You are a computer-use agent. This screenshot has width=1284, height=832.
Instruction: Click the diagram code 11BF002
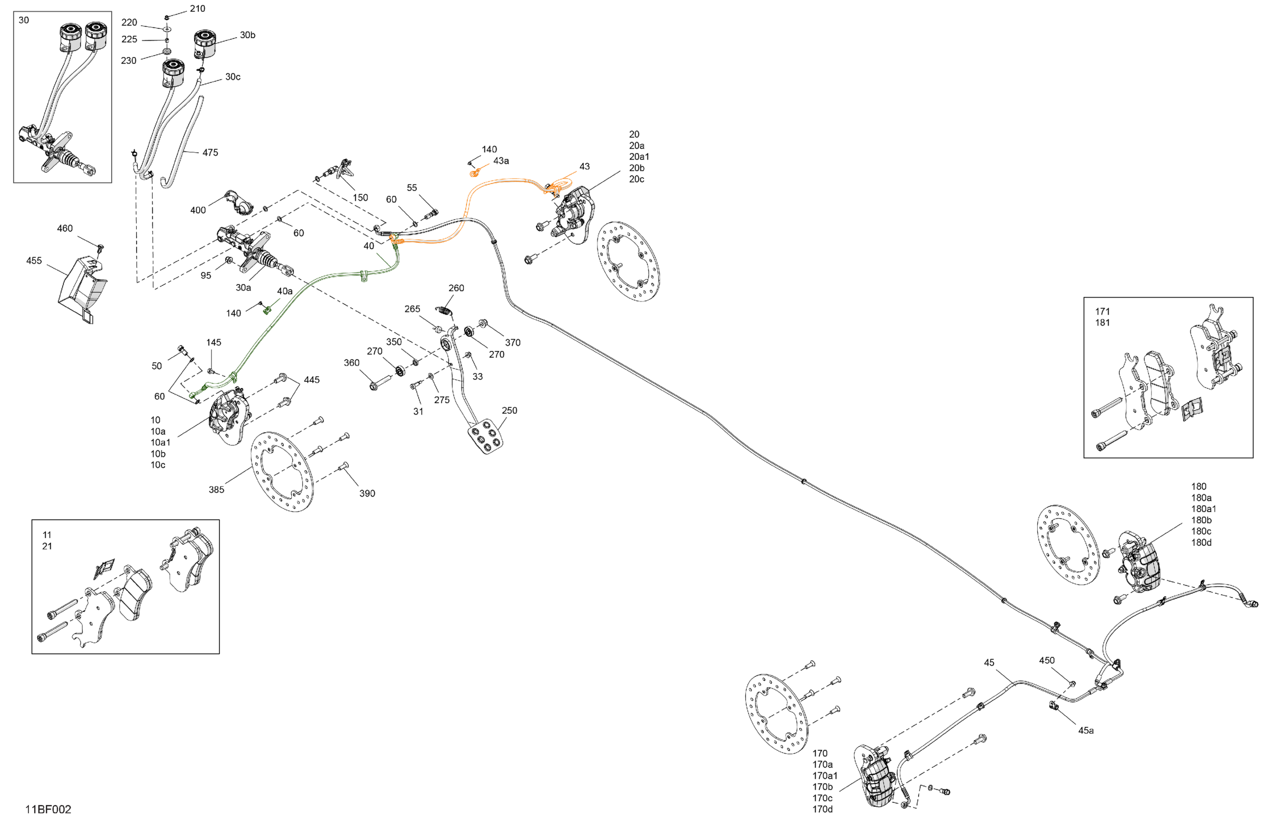[48, 809]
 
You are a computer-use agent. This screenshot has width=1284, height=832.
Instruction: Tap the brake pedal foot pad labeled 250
[486, 436]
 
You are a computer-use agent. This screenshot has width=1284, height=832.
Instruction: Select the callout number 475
[210, 153]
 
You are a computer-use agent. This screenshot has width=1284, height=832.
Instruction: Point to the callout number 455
[34, 261]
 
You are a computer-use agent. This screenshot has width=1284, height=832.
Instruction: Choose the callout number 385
[216, 489]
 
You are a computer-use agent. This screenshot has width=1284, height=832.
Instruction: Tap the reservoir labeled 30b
[206, 43]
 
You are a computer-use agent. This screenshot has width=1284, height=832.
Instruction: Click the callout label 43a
[500, 161]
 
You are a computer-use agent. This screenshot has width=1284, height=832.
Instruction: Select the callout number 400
[198, 210]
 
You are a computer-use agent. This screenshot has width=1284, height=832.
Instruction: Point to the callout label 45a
[1086, 731]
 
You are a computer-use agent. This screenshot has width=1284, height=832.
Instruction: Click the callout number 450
[1046, 661]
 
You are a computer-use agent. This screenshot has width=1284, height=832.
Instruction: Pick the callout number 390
[367, 493]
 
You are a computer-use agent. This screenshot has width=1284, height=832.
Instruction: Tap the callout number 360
[351, 363]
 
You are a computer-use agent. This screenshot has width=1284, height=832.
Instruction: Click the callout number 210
[197, 9]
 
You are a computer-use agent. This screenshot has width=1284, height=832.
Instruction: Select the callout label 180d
[1201, 542]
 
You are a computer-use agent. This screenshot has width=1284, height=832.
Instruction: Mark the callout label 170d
[822, 809]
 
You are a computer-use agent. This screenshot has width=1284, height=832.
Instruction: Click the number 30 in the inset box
[24, 21]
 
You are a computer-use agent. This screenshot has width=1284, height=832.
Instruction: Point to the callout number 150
[360, 198]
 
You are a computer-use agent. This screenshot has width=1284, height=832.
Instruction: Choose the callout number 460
[65, 229]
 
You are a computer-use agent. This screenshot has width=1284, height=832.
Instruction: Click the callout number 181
[1102, 323]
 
